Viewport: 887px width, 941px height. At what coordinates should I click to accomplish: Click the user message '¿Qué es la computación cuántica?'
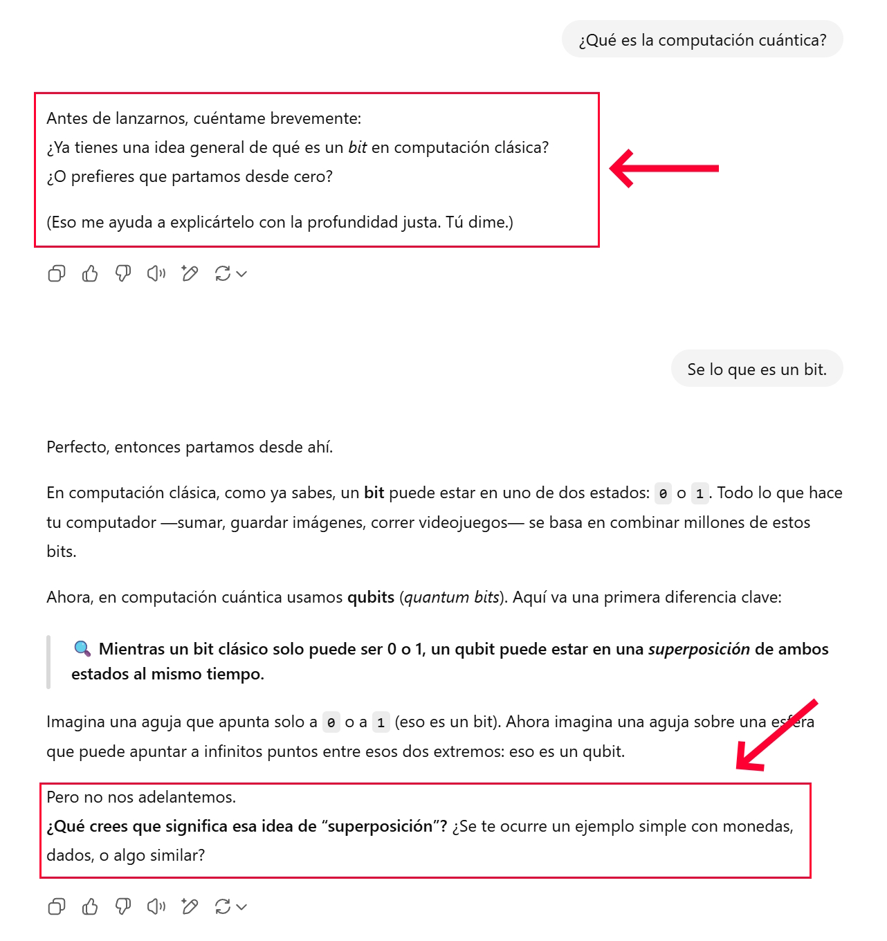click(702, 40)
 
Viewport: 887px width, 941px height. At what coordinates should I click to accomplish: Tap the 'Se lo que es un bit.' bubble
click(757, 369)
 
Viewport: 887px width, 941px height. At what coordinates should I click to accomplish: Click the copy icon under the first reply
click(57, 274)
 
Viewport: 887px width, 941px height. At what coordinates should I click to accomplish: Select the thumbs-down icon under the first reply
click(123, 274)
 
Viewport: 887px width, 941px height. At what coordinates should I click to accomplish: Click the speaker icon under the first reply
click(156, 274)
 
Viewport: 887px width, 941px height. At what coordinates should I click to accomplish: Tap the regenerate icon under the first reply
click(223, 274)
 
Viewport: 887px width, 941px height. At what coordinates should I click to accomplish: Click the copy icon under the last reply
click(57, 906)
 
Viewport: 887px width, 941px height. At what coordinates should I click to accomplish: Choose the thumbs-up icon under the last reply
click(90, 906)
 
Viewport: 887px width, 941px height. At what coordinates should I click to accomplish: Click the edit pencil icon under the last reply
click(190, 906)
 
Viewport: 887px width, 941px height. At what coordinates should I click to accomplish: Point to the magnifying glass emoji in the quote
click(82, 649)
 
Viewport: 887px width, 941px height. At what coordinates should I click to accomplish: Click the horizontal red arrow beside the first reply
click(664, 168)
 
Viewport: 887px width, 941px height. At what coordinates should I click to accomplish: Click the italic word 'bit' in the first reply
click(358, 147)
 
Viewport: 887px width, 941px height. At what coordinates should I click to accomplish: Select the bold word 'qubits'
click(371, 597)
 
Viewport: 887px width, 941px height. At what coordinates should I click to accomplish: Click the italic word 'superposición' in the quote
click(699, 649)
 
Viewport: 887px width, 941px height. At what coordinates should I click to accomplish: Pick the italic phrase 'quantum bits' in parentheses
click(452, 597)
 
